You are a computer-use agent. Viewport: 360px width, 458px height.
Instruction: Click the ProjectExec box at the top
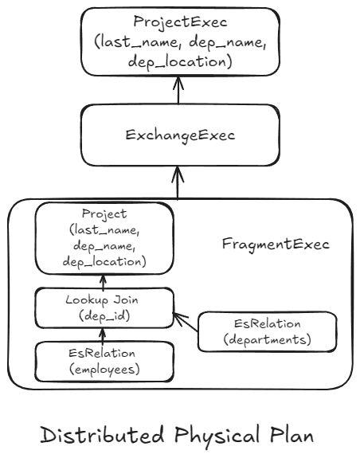(x=179, y=39)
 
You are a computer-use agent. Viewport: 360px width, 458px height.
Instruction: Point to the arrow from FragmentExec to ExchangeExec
(x=179, y=181)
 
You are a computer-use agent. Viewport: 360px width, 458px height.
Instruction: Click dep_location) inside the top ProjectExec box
(x=179, y=60)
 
